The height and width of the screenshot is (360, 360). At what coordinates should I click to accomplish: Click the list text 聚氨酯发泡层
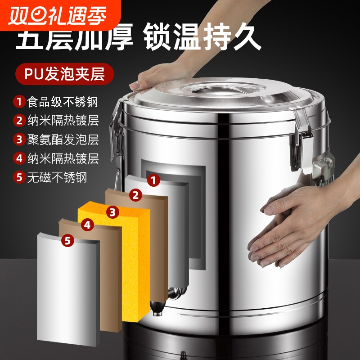(63, 139)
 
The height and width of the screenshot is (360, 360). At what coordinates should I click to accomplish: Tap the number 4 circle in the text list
(19, 158)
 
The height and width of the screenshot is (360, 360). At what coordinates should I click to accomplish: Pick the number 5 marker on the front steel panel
(67, 241)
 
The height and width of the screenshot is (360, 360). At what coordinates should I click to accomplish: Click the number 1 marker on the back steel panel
(154, 180)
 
